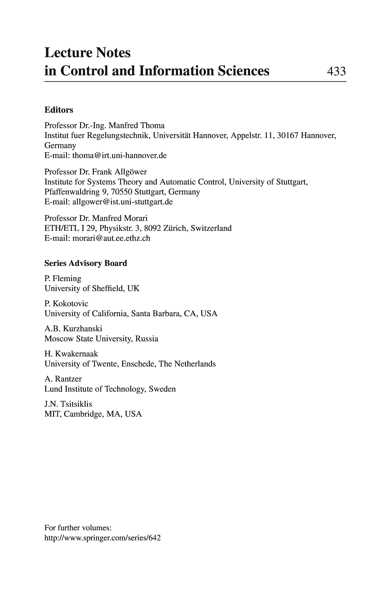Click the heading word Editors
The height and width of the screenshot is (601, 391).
tap(59, 110)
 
